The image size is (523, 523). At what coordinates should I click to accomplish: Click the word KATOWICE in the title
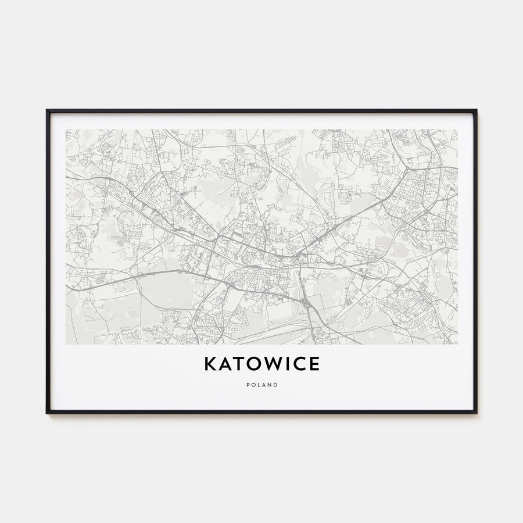[261, 364]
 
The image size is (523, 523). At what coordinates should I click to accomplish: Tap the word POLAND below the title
[261, 385]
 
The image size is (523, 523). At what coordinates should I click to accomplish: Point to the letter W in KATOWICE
[265, 364]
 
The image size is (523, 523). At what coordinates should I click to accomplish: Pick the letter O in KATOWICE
[248, 364]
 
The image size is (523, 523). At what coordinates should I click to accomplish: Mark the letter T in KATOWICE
[234, 364]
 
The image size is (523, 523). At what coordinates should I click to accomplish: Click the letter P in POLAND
[247, 385]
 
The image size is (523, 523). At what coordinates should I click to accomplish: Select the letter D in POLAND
[275, 385]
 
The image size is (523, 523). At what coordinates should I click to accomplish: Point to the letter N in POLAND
[270, 385]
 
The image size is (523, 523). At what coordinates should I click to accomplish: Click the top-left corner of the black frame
[47, 110]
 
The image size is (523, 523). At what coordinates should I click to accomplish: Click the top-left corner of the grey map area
[66, 130]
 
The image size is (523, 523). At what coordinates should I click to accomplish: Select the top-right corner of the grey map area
[457, 130]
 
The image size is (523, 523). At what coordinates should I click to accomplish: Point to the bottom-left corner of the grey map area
[66, 344]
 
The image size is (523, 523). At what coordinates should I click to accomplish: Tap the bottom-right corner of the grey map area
[457, 344]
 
